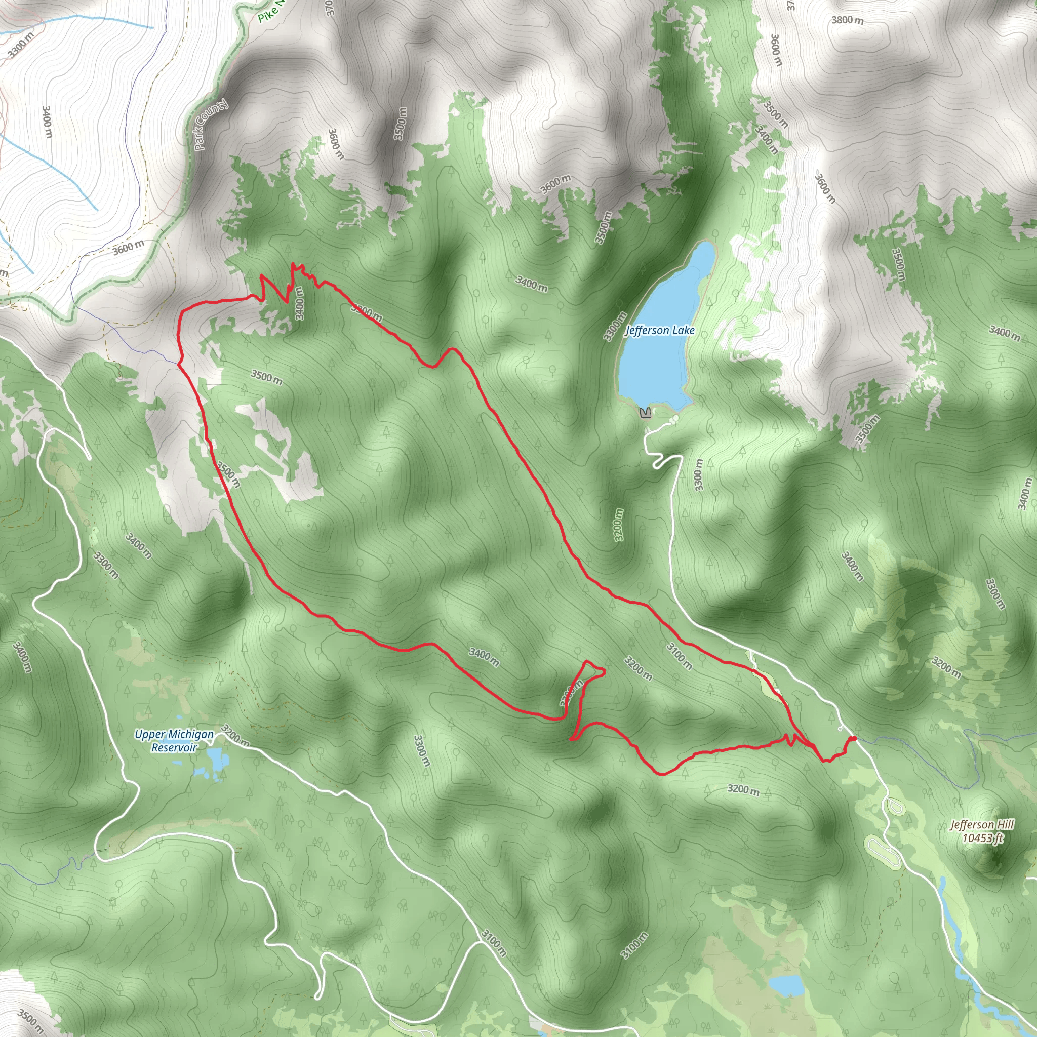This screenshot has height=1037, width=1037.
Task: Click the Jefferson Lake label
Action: coord(660,331)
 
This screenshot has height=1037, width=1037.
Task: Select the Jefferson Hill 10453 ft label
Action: coord(982,831)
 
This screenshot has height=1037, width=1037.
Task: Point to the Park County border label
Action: coord(211,125)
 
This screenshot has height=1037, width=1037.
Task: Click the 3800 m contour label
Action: coord(848,20)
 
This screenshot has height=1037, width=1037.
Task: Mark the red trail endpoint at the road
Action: coord(853,739)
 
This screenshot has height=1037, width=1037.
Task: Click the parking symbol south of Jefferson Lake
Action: coord(646,413)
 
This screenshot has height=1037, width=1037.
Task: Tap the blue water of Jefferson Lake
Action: coord(660,365)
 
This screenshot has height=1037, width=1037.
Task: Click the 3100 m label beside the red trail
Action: coord(679,656)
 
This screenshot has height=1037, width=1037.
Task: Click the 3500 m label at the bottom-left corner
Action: coord(30,1021)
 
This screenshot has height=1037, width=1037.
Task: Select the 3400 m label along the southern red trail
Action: coord(484,658)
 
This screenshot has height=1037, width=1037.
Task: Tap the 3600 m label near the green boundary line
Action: coord(128,248)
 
